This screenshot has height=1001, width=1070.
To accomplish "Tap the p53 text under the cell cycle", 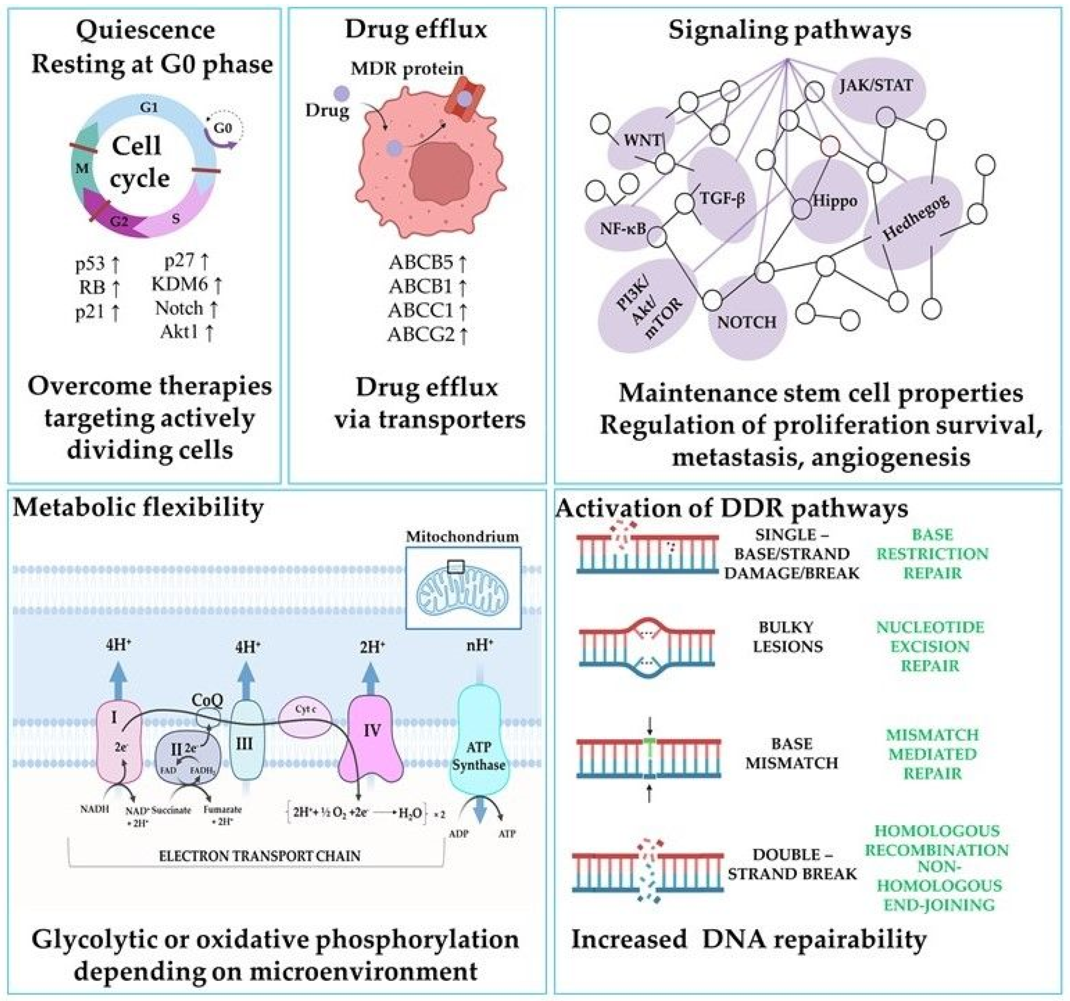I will pos(91,265).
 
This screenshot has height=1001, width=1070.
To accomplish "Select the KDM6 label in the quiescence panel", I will pos(180,283).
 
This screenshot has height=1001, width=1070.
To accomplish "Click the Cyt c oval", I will pos(305,710).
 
